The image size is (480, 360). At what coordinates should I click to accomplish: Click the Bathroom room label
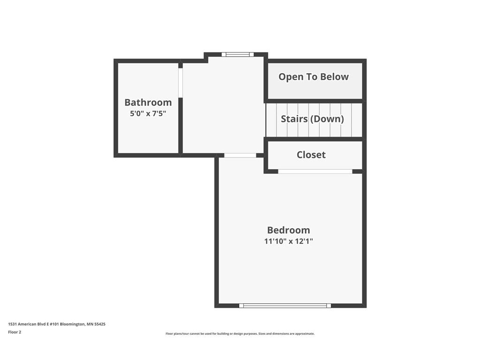tap(148, 102)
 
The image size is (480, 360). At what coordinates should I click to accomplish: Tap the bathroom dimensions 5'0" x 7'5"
tap(148, 113)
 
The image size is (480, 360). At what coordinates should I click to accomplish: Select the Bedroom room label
tap(288, 230)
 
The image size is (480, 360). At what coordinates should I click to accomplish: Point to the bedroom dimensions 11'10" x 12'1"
tap(288, 241)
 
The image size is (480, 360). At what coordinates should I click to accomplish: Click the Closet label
tap(311, 155)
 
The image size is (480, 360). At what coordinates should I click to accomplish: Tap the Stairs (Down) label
tap(312, 119)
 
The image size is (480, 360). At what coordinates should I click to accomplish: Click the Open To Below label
tap(314, 77)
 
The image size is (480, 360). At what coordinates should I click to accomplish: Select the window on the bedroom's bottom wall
tap(285, 306)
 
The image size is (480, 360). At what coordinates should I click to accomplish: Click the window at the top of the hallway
tap(237, 54)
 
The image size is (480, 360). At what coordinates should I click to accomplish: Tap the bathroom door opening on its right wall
tap(180, 83)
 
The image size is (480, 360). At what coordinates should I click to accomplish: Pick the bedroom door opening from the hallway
tap(240, 155)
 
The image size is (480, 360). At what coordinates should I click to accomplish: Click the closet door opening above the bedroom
tap(315, 171)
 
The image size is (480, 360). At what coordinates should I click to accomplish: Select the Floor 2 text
tap(15, 332)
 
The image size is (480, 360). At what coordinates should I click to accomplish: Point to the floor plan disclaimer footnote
tap(240, 334)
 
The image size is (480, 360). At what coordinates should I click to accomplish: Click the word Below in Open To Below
tap(335, 77)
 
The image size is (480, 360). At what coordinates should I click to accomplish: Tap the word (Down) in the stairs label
tap(328, 119)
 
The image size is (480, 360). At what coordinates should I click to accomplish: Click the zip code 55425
tap(99, 324)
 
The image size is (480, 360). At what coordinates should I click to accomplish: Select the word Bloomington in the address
tap(72, 324)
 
